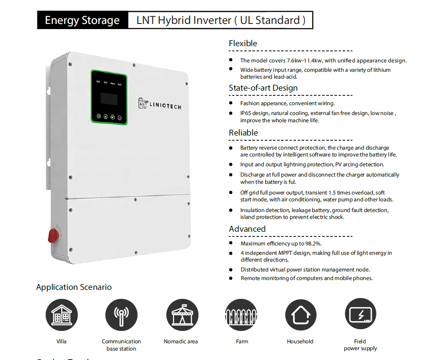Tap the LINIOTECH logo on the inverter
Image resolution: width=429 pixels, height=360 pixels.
[160, 104]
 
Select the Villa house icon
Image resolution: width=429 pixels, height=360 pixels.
[62, 315]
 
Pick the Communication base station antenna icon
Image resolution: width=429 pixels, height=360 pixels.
[121, 315]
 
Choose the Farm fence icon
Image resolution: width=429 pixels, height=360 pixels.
[241, 315]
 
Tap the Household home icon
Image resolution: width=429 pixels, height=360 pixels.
[301, 315]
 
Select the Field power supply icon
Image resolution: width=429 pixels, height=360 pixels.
[360, 315]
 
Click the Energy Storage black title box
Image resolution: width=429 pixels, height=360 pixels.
[82, 21]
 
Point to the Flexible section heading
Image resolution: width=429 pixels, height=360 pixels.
[243, 43]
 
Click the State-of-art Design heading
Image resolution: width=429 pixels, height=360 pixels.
[263, 88]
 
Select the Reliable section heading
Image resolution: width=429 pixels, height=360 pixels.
[243, 133]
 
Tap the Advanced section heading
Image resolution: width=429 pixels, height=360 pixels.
[247, 229]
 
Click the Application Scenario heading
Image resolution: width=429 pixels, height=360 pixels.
[74, 287]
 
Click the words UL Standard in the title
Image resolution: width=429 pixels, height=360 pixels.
[270, 21]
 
